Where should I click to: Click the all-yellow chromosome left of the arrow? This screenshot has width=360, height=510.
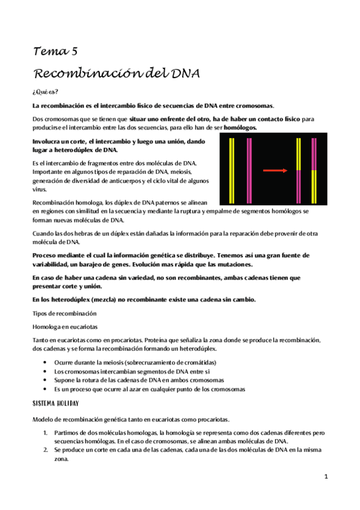[x=232, y=170]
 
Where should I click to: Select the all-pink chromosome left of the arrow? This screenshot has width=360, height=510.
[x=248, y=170]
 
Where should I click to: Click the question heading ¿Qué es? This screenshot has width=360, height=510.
[x=45, y=91]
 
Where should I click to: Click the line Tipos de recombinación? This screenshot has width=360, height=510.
[x=63, y=313]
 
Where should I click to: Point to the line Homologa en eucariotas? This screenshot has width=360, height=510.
[x=65, y=326]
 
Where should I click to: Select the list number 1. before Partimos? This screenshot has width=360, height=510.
[x=46, y=432]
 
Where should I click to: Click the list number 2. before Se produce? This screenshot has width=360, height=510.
[x=46, y=449]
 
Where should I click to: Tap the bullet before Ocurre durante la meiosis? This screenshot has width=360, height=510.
[x=47, y=363]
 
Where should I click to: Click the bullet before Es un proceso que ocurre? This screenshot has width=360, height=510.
[x=47, y=389]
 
